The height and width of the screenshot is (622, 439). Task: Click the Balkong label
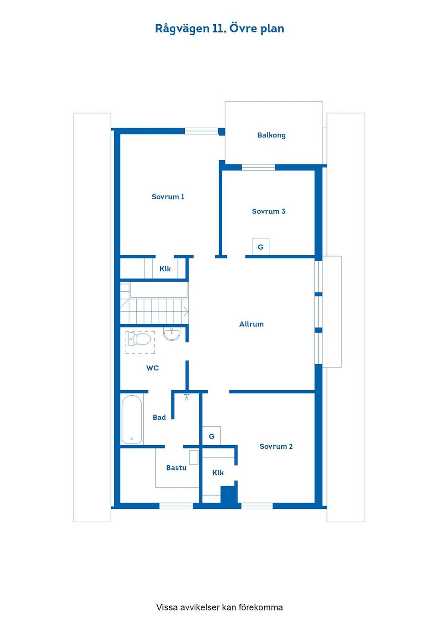(271, 135)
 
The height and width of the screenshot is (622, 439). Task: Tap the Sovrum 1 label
(168, 197)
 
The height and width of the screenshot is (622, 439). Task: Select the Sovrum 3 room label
(268, 211)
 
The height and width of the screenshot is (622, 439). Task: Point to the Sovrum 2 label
(276, 447)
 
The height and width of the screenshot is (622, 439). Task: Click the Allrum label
(252, 324)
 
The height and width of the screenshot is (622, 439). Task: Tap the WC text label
(152, 368)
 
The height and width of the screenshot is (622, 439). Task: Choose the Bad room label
(159, 417)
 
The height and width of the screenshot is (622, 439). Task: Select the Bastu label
(176, 468)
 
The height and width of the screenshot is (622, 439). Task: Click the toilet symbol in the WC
(139, 339)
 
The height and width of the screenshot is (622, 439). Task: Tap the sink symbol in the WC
(171, 333)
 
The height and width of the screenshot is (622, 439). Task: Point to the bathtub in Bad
(132, 420)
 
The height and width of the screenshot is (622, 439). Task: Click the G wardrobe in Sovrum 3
(261, 246)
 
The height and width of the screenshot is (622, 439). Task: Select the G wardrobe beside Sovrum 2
(211, 436)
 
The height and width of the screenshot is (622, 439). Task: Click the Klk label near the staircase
(165, 269)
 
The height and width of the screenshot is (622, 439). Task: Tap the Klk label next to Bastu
(218, 473)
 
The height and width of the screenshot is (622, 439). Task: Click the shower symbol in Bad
(187, 397)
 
